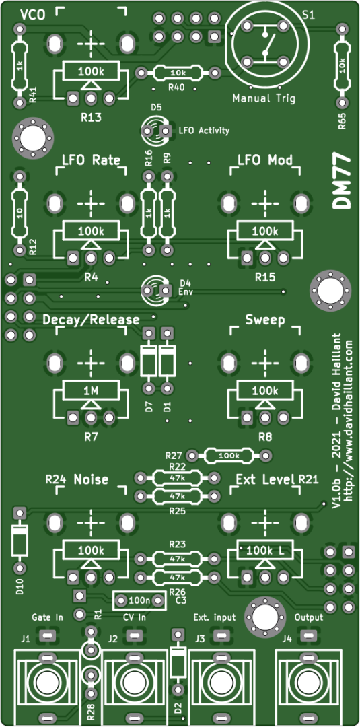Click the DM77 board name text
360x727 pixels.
(342, 182)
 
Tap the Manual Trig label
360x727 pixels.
(264, 98)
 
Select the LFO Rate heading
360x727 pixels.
(91, 160)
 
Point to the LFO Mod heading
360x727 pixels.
(265, 160)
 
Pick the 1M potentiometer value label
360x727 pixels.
(91, 390)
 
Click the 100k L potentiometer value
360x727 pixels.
(265, 551)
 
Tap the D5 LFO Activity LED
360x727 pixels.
(155, 131)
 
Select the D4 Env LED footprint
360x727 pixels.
(155, 291)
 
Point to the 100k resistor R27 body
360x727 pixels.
(229, 455)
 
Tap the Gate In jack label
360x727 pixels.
(47, 617)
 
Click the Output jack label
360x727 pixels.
(309, 617)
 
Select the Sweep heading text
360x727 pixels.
(265, 320)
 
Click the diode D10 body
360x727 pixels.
(20, 540)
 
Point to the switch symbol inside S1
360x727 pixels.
(266, 46)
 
